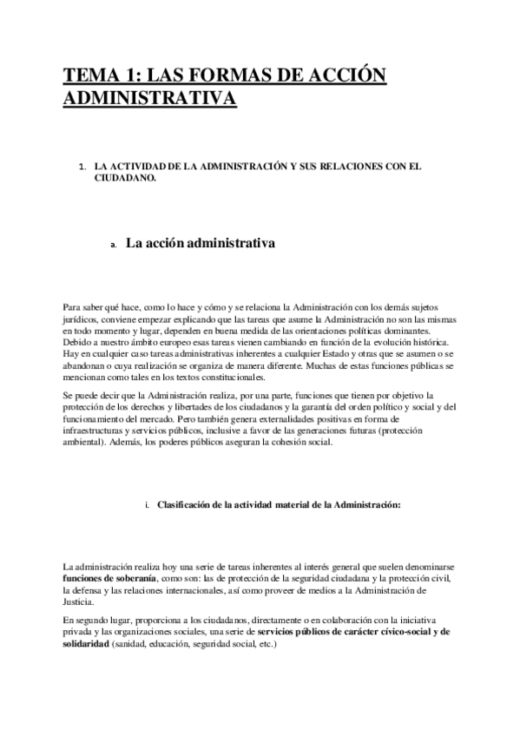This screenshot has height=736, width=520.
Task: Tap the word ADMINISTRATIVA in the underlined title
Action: coord(149,100)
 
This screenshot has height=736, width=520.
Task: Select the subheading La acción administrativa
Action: coord(201,244)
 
